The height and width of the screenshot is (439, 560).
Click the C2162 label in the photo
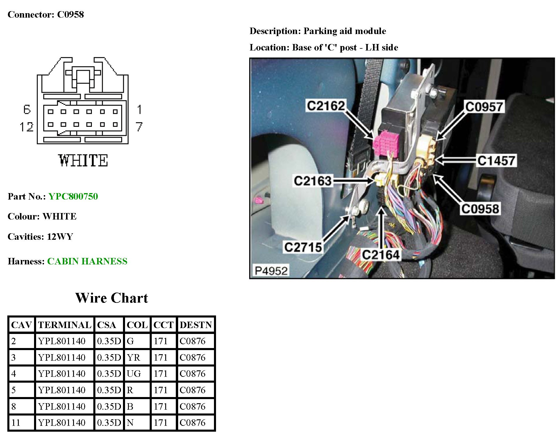coord(326,106)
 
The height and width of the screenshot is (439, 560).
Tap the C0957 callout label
coord(484,107)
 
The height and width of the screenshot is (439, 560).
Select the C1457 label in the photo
coord(496,161)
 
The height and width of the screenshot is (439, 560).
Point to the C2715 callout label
coord(303,247)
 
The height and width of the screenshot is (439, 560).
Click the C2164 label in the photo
coord(380,255)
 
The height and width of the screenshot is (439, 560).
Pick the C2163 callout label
coord(313,181)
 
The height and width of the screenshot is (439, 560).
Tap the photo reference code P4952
coord(271,271)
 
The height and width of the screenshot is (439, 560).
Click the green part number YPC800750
coord(73,196)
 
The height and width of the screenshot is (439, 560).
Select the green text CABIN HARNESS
coord(87,261)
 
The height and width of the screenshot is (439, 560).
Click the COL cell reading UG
coord(134,374)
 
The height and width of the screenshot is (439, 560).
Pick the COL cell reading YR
coord(134,357)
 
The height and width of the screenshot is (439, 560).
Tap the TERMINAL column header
coord(65,325)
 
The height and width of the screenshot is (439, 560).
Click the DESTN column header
coord(196,325)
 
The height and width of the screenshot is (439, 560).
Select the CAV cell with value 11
coord(16,423)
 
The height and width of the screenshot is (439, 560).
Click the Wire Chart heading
coord(112,298)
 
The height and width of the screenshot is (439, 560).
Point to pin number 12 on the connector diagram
coord(26,127)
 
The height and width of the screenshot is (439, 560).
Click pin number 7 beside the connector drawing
coord(139,127)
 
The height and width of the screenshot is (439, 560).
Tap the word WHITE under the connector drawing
coord(83,161)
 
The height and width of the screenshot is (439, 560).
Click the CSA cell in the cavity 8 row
coord(109,406)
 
